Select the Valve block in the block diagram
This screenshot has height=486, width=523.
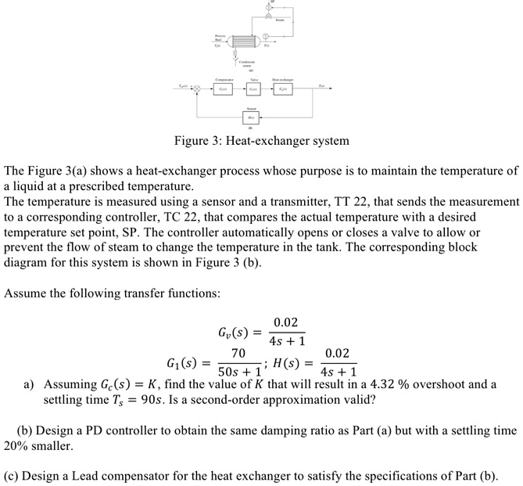[x=254, y=88]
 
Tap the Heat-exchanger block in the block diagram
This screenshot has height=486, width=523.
[x=281, y=88]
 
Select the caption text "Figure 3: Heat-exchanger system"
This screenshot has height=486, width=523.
[x=261, y=142]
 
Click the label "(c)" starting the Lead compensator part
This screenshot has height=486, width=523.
[x=13, y=476]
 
